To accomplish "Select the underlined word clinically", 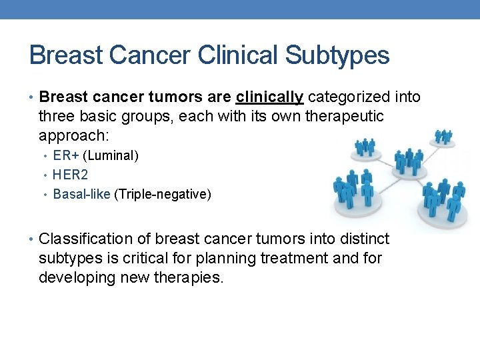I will coord(269,97).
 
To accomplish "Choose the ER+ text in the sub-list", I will coord(66,156).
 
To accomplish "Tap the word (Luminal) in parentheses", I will coord(111,156).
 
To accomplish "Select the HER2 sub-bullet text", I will coord(70,175).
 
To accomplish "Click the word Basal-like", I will coord(81,194).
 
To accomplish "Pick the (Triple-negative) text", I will coord(163,194).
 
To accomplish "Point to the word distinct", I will coord(364,239).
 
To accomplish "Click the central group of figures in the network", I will coord(408,163).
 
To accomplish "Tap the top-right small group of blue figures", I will coord(443,137).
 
